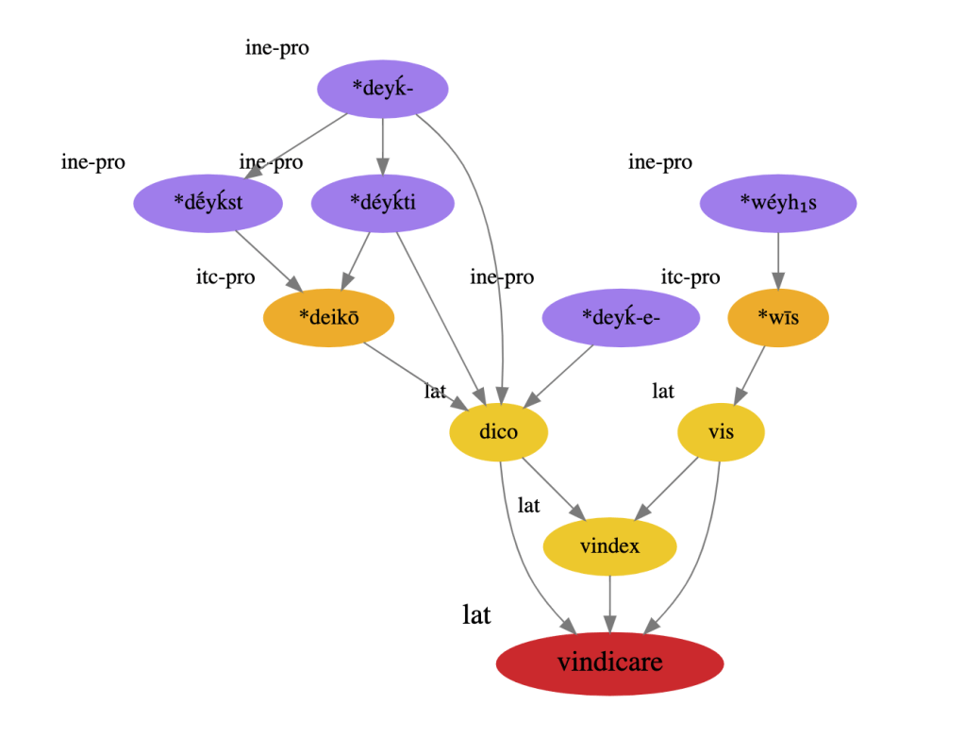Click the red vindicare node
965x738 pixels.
pyautogui.click(x=609, y=663)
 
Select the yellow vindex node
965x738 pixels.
pyautogui.click(x=609, y=546)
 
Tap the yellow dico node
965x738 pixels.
pyautogui.click(x=498, y=433)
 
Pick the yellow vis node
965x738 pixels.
pyautogui.click(x=721, y=433)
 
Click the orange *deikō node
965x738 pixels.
pyautogui.click(x=328, y=317)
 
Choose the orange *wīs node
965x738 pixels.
pyautogui.click(x=778, y=318)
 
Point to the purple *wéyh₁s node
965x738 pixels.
pyautogui.click(x=778, y=202)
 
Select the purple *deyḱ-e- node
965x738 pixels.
pyautogui.click(x=621, y=317)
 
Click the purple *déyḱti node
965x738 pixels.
pyautogui.click(x=382, y=202)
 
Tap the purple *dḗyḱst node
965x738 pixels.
pyautogui.click(x=208, y=202)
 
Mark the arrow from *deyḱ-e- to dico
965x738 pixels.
pyautogui.click(x=562, y=374)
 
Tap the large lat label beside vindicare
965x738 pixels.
pyautogui.click(x=476, y=615)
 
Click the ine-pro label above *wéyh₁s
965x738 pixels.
pyautogui.click(x=660, y=162)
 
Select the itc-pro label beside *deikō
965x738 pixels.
pyautogui.click(x=225, y=277)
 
